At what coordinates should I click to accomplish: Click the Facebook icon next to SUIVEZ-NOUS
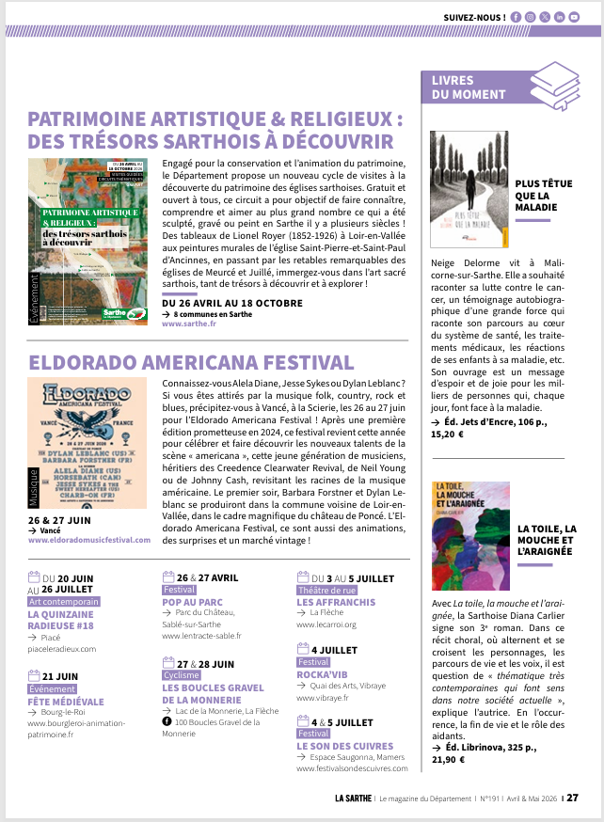[x=515, y=17]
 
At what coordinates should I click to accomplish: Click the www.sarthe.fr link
[x=189, y=323]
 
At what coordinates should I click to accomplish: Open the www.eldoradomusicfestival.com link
[x=89, y=540]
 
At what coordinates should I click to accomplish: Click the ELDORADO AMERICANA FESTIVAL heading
[x=192, y=362]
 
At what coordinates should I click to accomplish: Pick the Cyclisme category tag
[x=181, y=675]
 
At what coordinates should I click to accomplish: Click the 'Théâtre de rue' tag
[x=323, y=590]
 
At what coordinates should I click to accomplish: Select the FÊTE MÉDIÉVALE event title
[x=66, y=701]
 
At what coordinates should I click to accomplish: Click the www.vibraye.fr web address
[x=322, y=698]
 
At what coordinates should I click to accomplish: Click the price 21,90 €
[x=449, y=759]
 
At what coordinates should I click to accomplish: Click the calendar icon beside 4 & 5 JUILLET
[x=303, y=721]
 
